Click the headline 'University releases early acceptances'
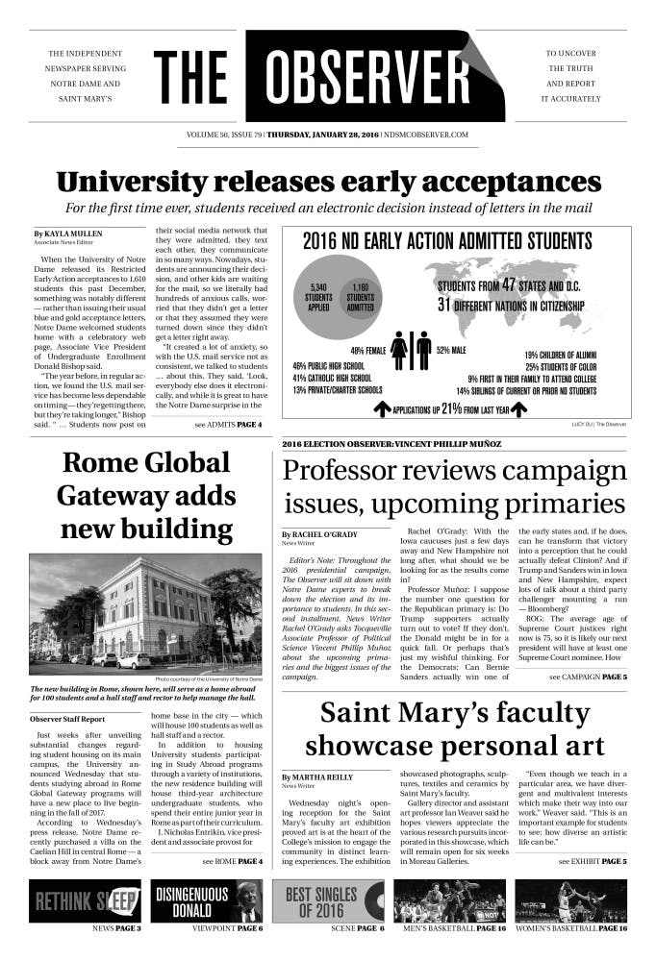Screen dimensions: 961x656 (x=328, y=182)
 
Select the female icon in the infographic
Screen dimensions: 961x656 (x=399, y=352)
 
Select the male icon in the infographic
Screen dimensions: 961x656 (x=423, y=352)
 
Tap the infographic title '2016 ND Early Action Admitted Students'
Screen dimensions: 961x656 (x=447, y=240)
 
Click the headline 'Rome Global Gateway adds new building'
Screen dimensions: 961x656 (x=146, y=496)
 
